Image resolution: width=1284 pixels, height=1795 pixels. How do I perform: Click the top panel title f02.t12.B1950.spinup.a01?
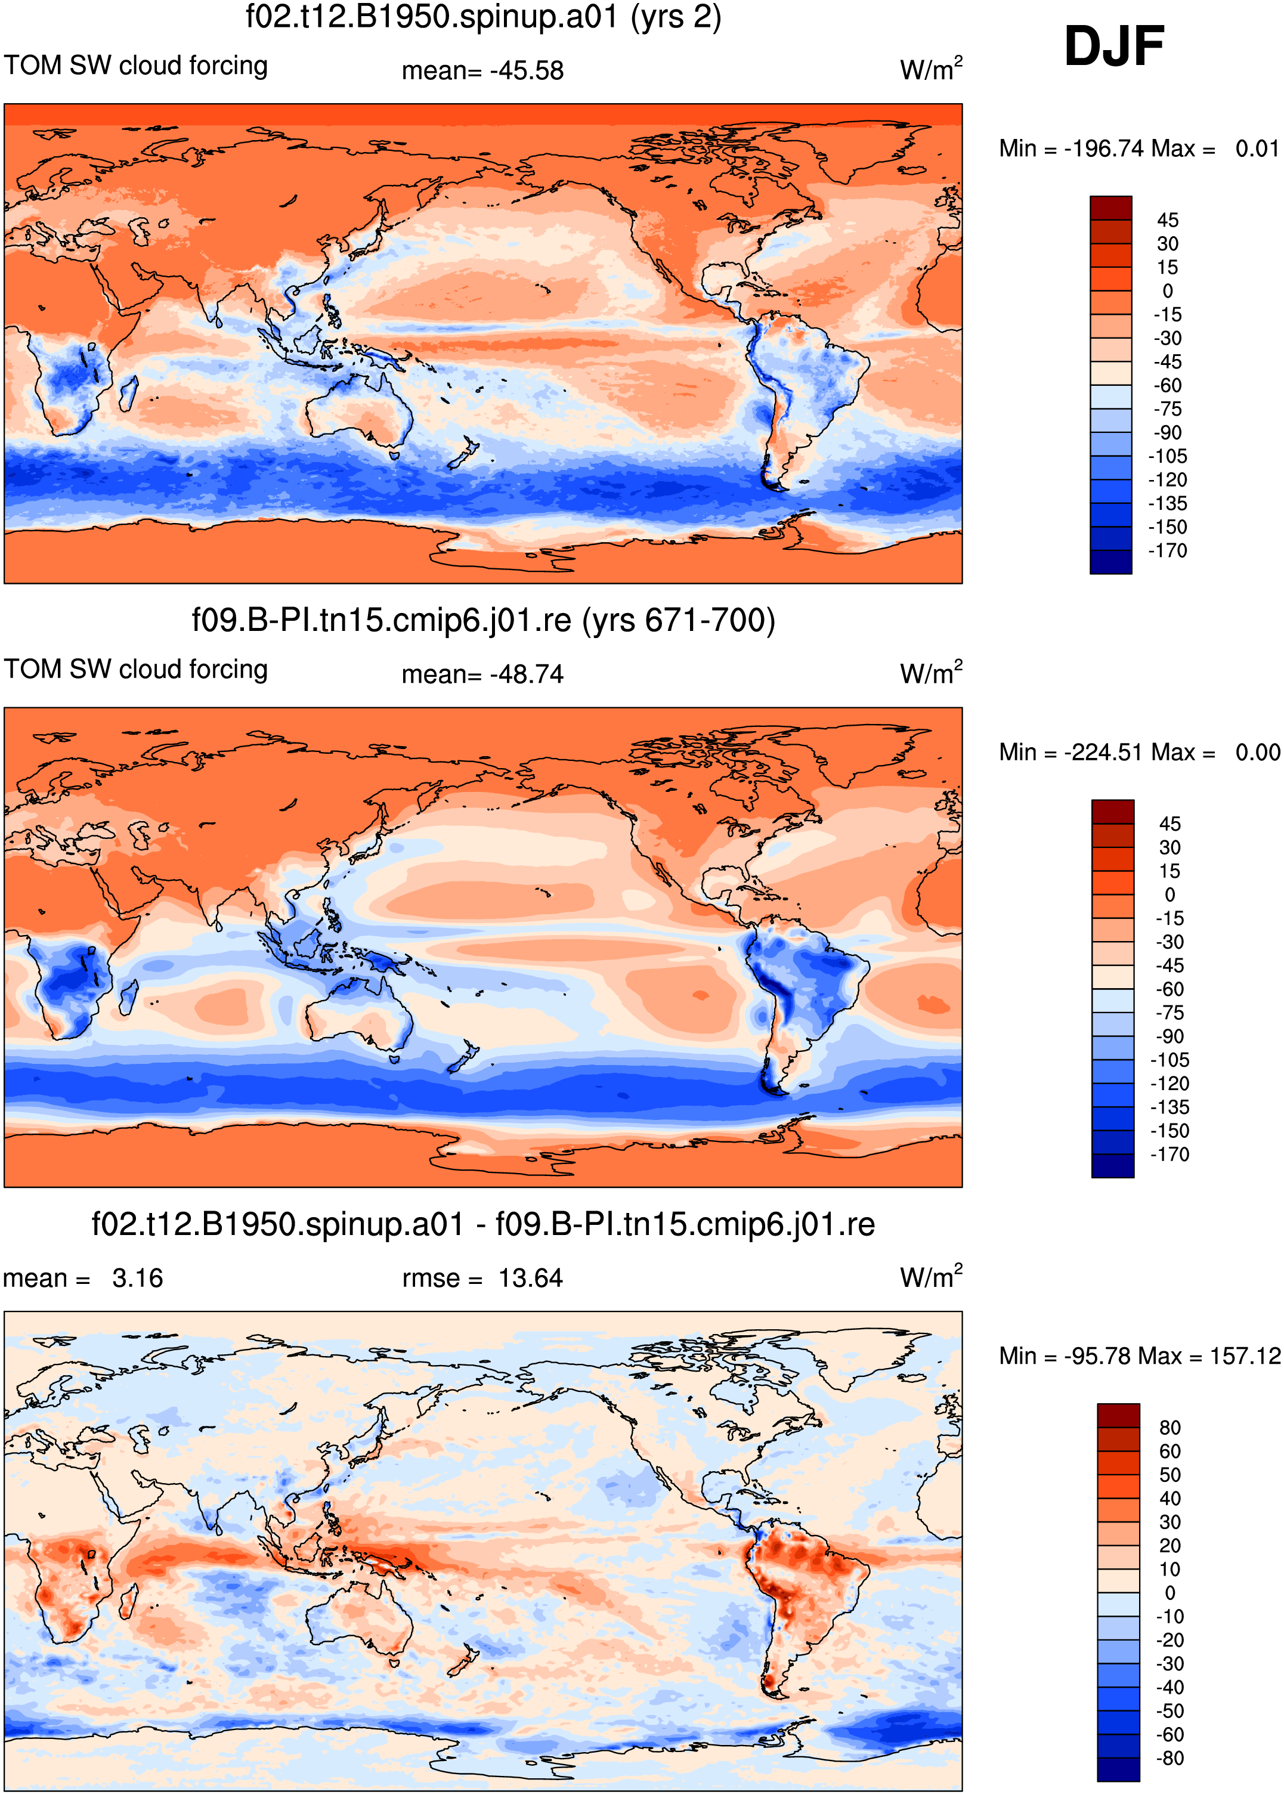point(483,17)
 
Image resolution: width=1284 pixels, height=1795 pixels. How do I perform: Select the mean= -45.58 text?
point(482,70)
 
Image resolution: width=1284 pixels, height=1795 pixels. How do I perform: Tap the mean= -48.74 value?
point(482,674)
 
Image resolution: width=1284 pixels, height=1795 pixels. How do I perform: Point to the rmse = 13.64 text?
point(482,1278)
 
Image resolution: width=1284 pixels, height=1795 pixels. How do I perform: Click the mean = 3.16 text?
point(83,1278)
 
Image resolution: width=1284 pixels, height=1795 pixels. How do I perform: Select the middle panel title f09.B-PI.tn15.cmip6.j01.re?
point(483,620)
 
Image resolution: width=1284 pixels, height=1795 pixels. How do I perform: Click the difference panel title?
point(483,1224)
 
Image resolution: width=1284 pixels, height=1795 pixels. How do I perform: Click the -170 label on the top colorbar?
point(1167,551)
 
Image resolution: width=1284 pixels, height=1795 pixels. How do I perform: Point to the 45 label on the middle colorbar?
point(1169,824)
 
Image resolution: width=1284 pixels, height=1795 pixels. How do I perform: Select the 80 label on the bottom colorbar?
point(1169,1428)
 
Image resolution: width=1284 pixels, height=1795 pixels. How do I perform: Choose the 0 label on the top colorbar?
point(1168,291)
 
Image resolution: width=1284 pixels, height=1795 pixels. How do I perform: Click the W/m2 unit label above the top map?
point(930,68)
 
